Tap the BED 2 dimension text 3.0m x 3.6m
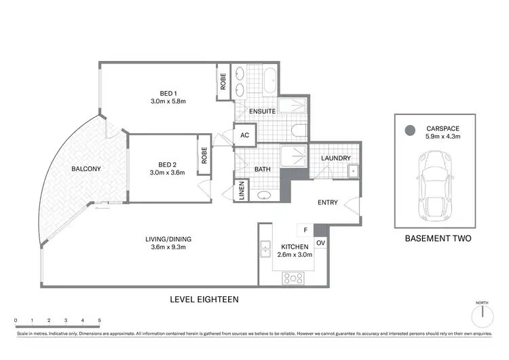point(168,173)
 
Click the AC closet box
point(244,135)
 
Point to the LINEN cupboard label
point(241,191)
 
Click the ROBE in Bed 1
point(223,82)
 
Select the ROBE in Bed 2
point(203,155)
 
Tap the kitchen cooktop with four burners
point(293,277)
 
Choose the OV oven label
point(321,242)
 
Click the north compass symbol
point(482,314)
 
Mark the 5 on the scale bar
point(99,320)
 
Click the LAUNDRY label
point(336,158)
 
